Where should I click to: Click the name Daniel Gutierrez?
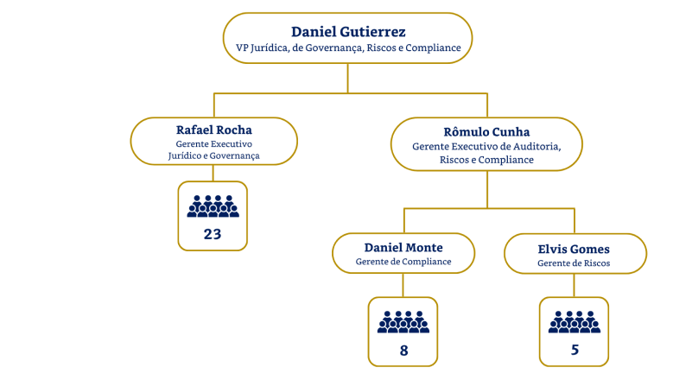348,32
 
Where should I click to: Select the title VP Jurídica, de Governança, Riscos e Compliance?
348,48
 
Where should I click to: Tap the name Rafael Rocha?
213,130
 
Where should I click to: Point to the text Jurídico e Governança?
213,155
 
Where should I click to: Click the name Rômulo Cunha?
486,131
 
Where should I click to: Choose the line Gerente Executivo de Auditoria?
486,147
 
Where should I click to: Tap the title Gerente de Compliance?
403,261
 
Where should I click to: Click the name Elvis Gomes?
574,248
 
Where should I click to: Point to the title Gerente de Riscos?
574,263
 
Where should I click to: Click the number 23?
213,234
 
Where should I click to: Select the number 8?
403,351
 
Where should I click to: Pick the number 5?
574,351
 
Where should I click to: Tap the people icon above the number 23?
213,206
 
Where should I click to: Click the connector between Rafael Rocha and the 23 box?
213,174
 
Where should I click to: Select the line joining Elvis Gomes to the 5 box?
574,286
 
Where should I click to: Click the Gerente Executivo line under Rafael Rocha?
213,143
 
